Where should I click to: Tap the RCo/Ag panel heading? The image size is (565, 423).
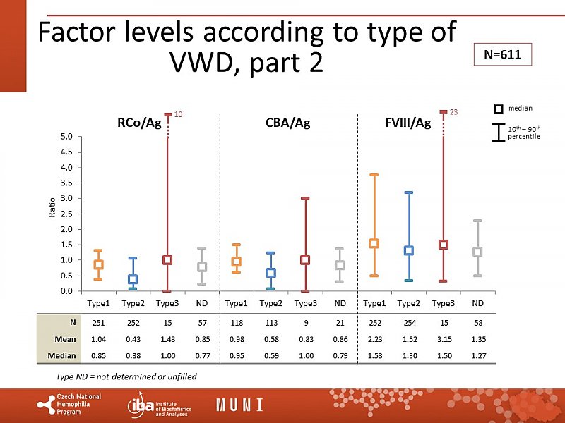click(140, 123)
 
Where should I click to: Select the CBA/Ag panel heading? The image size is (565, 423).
click(287, 123)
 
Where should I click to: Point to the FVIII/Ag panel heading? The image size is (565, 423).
click(408, 123)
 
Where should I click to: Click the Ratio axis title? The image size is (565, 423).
click(52, 207)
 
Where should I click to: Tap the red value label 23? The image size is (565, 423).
click(454, 112)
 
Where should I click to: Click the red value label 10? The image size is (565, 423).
click(179, 114)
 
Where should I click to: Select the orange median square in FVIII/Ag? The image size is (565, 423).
click(374, 243)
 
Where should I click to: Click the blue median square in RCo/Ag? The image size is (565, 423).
click(133, 279)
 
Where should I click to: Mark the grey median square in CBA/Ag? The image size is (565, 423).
click(340, 266)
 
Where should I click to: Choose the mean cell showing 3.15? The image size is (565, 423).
click(444, 338)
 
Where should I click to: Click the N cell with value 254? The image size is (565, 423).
click(409, 322)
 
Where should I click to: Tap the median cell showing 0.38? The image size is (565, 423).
click(133, 355)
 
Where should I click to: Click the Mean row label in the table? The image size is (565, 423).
click(66, 338)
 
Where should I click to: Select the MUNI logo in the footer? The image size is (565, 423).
click(239, 405)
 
